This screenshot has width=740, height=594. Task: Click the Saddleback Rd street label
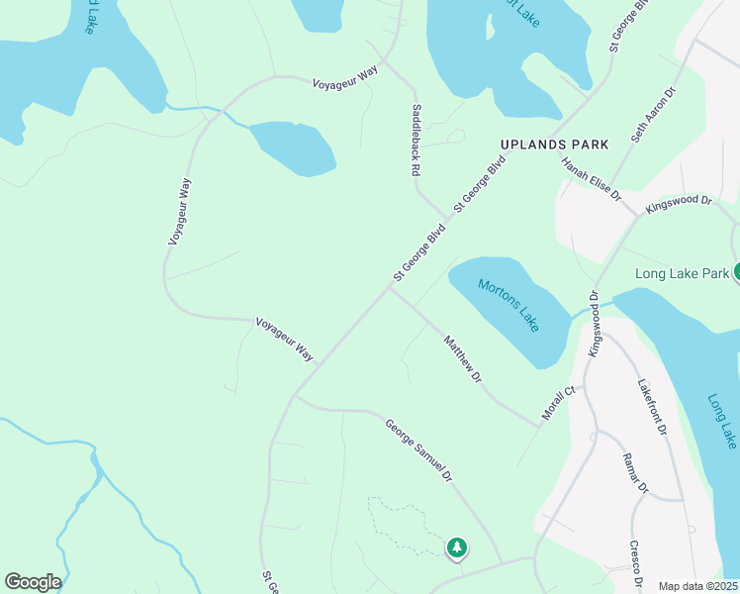[x=416, y=140]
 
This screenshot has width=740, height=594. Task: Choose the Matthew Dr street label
[x=462, y=359]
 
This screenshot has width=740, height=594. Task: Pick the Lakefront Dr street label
[x=653, y=407]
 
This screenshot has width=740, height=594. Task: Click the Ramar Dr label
[x=634, y=473]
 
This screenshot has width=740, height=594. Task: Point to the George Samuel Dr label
[x=418, y=449]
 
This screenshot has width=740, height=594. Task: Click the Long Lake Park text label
[x=682, y=272]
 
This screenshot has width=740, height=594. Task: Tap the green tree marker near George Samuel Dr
[x=456, y=546]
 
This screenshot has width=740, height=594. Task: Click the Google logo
[x=33, y=582]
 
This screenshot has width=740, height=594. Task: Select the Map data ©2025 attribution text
[x=697, y=586]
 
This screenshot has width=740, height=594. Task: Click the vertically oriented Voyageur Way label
[x=178, y=211]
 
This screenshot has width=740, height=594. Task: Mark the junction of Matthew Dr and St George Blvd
[x=393, y=288]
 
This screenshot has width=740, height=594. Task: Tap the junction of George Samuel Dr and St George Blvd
[x=295, y=396]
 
